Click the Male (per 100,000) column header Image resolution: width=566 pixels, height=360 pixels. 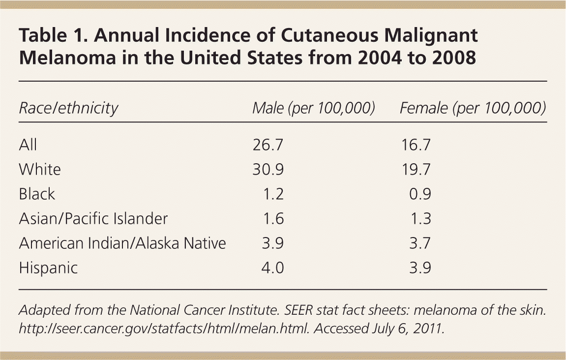click(x=313, y=108)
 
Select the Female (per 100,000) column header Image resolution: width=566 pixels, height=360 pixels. click(x=473, y=108)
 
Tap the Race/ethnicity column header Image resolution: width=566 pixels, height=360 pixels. click(x=68, y=108)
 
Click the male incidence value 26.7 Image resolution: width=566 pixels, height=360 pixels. click(x=268, y=145)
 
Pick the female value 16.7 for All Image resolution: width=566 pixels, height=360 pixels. click(x=415, y=145)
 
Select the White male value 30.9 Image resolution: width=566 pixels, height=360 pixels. click(x=268, y=169)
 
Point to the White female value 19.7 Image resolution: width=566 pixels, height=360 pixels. click(x=415, y=169)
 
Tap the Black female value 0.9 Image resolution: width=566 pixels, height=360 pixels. click(x=420, y=194)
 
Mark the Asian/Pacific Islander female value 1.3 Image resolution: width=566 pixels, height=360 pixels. click(x=420, y=218)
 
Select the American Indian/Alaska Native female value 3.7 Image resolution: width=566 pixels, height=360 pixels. click(x=420, y=243)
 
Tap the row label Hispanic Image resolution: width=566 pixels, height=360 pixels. click(x=48, y=268)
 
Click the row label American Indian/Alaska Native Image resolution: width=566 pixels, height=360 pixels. click(x=122, y=243)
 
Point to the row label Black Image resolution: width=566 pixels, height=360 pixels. click(x=37, y=194)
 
